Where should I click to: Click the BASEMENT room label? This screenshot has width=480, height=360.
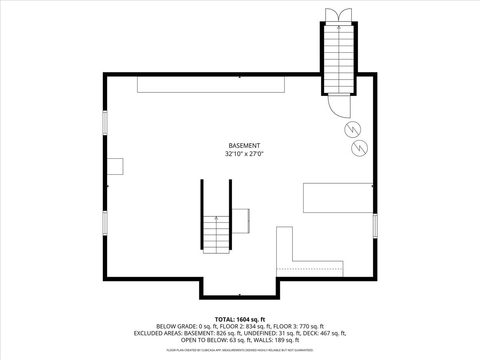(244, 146)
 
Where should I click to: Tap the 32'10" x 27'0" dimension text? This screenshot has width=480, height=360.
(244, 154)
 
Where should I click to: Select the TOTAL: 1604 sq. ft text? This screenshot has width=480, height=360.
(240, 320)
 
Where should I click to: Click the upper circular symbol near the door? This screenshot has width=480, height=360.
(352, 130)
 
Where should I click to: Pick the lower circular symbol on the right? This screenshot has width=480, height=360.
(359, 148)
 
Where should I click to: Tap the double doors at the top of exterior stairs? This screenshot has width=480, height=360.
(338, 15)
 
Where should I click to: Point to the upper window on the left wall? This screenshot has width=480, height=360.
(105, 123)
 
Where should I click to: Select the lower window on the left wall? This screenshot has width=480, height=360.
(105, 223)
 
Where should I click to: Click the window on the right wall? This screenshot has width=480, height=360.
(375, 226)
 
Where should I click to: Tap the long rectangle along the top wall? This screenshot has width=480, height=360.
(211, 84)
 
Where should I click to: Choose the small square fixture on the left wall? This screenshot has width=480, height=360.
(115, 166)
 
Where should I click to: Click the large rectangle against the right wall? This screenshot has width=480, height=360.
(338, 198)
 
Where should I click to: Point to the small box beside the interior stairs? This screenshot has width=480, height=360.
(240, 221)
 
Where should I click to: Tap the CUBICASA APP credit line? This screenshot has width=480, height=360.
(240, 350)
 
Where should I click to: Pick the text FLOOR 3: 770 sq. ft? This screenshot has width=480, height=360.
(298, 326)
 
